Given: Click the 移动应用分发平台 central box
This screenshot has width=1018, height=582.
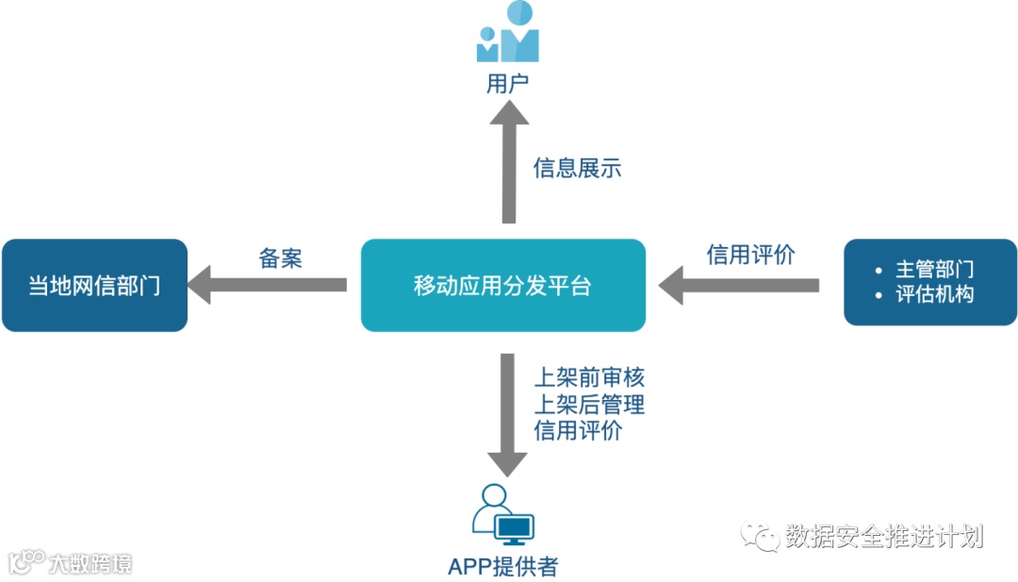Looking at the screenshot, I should coord(502,285).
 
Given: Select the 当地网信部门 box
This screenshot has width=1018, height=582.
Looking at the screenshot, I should coord(94,285).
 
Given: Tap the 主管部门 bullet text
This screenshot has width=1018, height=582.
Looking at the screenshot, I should coord(934,270).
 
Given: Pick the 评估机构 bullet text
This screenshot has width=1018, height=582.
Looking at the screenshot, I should coord(934,294).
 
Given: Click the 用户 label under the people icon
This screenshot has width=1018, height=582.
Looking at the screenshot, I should coord(507,84).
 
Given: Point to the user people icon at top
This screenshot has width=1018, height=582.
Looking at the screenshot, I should coord(507,33).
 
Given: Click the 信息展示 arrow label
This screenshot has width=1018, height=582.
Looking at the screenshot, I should coord(577,168).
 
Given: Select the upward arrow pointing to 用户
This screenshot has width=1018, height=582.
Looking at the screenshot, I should coord(509,160).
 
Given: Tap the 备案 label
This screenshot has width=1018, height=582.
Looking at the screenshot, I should coord(280,258).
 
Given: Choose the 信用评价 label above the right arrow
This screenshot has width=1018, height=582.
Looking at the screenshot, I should coord(751,254).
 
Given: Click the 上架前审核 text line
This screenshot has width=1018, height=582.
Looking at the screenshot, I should coord(589,378).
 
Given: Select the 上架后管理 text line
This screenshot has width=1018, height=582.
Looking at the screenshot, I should coord(589,405).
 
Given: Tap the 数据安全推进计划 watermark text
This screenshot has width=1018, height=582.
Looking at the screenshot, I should coord(883,536).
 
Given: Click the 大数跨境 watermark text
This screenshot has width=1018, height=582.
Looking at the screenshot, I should coord(90,563).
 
